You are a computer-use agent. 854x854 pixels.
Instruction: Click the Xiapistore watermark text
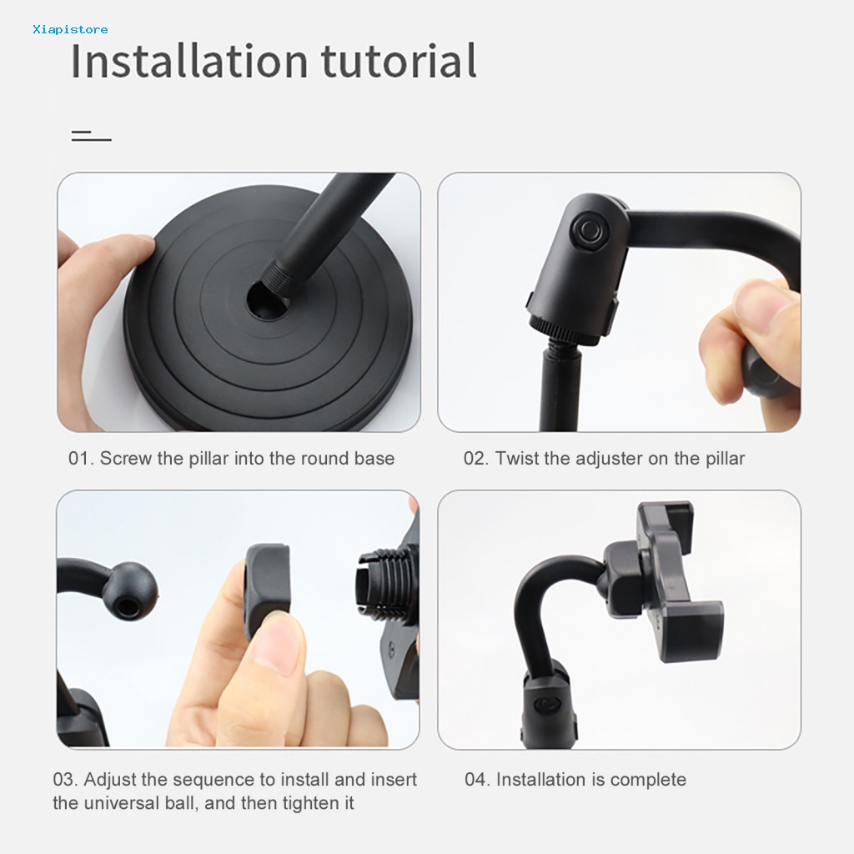pos(70,29)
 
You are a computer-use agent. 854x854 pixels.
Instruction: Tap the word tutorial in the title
pos(399,61)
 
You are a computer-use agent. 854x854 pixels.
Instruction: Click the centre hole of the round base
pos(266,302)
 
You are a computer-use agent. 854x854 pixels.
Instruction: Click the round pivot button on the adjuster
pos(587,231)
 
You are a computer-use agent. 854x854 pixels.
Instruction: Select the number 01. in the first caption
pos(81,459)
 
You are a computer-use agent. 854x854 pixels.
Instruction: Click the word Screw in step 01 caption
pos(126,459)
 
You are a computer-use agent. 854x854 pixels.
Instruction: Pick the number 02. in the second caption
pos(476,459)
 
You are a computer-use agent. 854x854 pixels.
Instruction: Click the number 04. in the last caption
pos(478,780)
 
